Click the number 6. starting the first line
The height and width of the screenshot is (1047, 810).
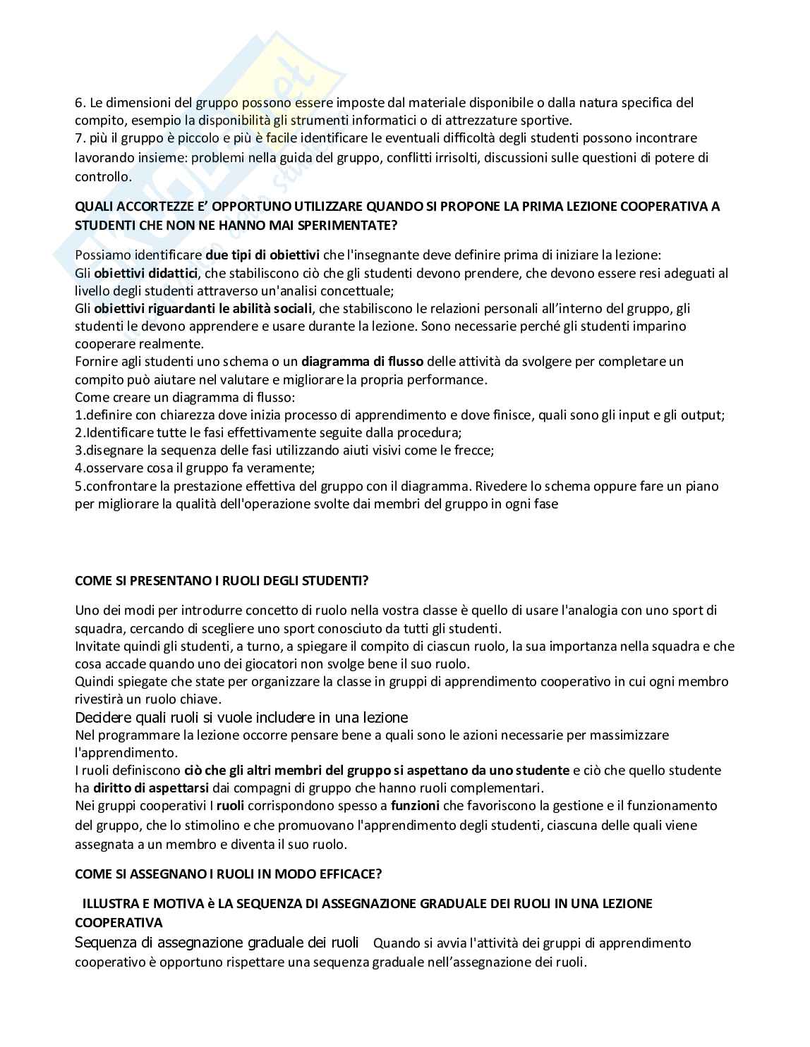[x=80, y=103]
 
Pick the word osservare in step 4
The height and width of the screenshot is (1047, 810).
[x=111, y=468]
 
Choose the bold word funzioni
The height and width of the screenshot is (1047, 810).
[x=415, y=805]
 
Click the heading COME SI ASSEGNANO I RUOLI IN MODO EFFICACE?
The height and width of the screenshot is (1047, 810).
[x=228, y=874]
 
